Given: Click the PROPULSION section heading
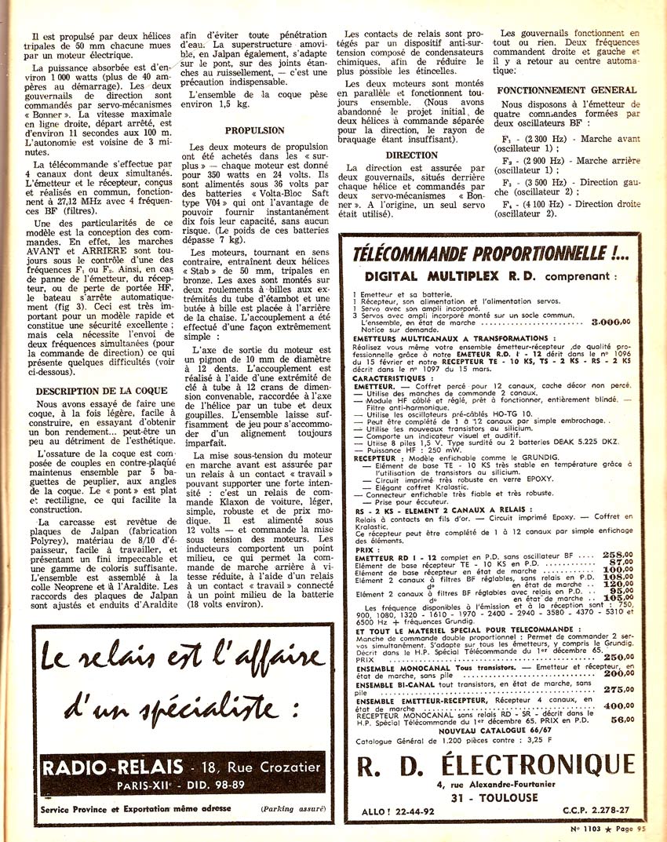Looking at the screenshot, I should click(254, 131).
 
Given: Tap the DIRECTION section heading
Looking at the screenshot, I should click(411, 155).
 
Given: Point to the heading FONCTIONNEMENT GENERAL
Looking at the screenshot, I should click(567, 90).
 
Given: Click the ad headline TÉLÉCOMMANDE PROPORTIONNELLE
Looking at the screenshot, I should click(490, 253).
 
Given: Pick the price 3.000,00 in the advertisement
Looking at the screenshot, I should click(613, 323).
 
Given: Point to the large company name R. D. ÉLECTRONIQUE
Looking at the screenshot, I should click(495, 764).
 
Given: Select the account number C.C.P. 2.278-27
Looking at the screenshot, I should click(601, 814).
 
